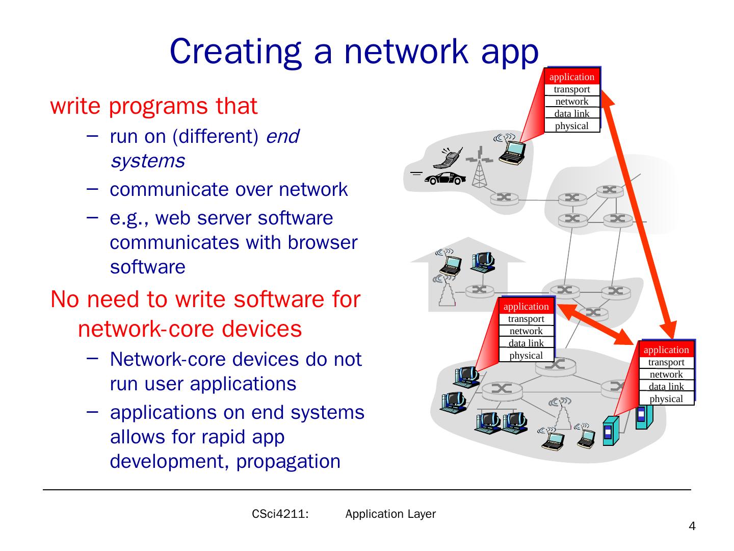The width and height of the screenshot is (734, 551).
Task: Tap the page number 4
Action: [692, 527]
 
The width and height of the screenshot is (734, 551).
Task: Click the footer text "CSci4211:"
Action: [280, 514]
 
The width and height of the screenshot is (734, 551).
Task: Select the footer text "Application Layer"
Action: [390, 514]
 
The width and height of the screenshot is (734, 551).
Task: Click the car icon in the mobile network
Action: [445, 179]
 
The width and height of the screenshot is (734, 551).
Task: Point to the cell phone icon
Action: [449, 158]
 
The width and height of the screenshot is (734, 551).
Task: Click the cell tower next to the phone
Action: [479, 168]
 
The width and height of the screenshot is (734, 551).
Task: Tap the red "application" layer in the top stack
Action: [571, 77]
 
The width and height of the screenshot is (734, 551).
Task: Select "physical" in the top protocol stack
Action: [571, 126]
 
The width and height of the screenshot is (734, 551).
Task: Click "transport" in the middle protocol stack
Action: [526, 319]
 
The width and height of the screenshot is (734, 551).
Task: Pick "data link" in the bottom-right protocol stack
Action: [666, 387]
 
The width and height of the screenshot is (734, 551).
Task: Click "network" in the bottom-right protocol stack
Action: [666, 374]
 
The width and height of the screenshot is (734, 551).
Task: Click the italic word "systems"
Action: [147, 161]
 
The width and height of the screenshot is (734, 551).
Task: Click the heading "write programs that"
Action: [153, 106]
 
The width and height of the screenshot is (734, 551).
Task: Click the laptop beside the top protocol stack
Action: [512, 152]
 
